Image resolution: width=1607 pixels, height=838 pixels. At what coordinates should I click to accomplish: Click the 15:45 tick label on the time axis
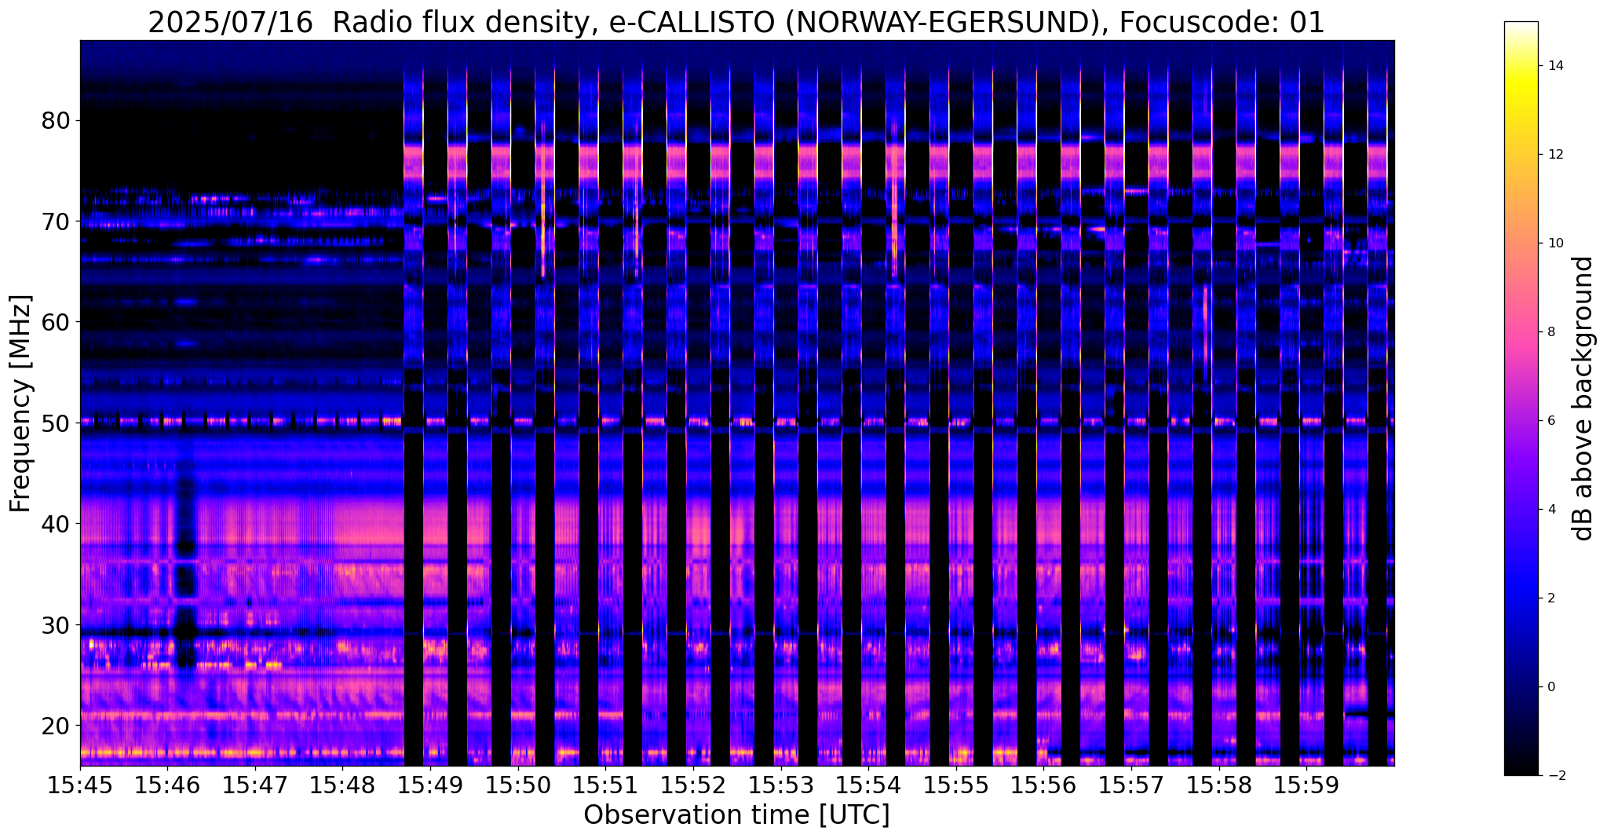tap(79, 785)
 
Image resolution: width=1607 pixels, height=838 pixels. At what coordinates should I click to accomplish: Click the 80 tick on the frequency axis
tap(56, 121)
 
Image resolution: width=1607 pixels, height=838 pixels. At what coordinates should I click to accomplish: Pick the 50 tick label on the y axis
tap(56, 423)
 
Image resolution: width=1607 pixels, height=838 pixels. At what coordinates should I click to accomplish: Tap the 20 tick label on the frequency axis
tap(56, 725)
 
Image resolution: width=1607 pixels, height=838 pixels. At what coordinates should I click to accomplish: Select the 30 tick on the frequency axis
tap(56, 624)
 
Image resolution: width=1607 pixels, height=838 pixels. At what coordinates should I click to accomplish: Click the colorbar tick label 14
tap(1554, 66)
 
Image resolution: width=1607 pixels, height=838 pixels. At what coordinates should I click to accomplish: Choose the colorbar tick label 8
tap(1551, 332)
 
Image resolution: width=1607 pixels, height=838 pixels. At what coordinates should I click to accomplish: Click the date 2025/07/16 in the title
tap(233, 24)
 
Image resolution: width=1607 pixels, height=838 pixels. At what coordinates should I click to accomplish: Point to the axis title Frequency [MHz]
tap(21, 403)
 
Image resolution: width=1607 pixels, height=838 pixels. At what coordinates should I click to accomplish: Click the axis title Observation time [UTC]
tap(736, 815)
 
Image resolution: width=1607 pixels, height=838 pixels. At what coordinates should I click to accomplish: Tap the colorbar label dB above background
tap(1584, 398)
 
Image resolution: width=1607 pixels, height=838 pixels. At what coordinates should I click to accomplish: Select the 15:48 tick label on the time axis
tap(342, 785)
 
